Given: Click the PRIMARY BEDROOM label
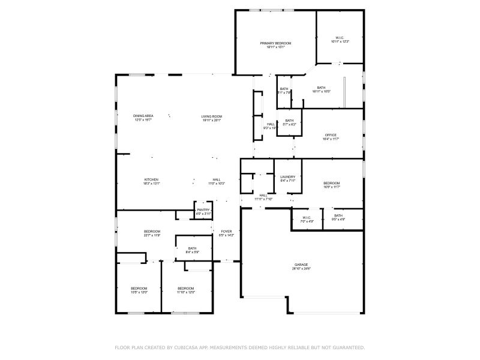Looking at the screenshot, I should coord(275,43).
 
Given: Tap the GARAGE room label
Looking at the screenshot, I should coord(301,264).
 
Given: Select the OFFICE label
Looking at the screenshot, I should coord(331,135).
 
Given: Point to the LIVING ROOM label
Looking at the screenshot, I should coord(212,116).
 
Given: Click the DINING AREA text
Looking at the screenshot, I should coord(143,116).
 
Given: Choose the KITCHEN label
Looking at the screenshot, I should coord(151,180).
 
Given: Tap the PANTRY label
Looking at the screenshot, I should coord(203,209).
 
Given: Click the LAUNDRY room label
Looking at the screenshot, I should coord(288,177).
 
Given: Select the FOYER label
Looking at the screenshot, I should coord(227,231).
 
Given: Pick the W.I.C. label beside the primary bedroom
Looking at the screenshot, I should coord(340,37).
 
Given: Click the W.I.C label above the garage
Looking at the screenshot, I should coord(307,217).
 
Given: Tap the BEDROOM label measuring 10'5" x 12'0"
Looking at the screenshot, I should coord(139,289).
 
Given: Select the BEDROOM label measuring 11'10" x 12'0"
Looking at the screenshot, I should coord(186,289).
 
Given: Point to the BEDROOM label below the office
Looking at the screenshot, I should coord(332,183).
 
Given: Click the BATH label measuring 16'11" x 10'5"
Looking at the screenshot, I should coord(321,88).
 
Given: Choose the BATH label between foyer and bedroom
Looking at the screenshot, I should coord(192,248).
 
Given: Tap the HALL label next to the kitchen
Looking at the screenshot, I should coord(217,180).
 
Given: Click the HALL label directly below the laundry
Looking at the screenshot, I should coord(263,195).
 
